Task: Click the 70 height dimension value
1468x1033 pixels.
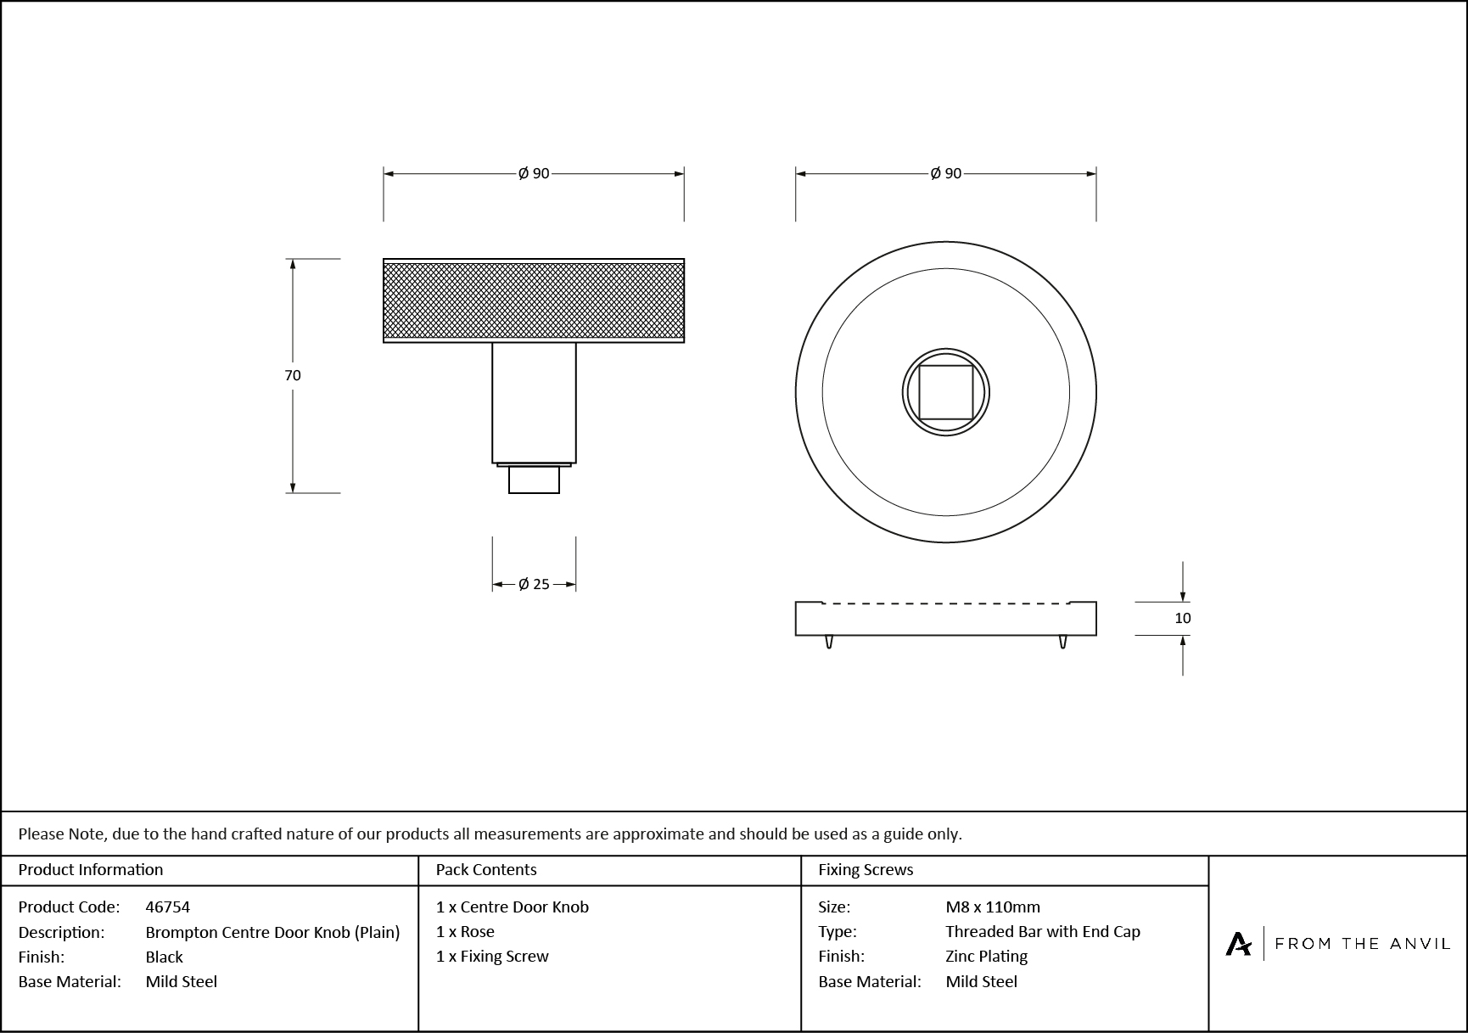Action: click(x=293, y=375)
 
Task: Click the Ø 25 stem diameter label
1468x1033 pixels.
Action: click(x=534, y=584)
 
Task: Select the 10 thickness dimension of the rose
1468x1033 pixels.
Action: click(x=1182, y=618)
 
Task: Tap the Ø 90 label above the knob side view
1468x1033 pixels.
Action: click(x=534, y=173)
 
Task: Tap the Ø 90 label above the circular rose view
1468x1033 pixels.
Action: click(x=945, y=173)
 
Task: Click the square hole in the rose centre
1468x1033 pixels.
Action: click(x=945, y=392)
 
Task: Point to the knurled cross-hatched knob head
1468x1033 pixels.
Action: click(x=534, y=300)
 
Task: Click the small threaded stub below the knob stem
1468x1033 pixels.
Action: click(x=534, y=480)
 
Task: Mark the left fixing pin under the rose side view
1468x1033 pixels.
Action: click(x=829, y=642)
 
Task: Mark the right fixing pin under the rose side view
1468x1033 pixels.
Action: click(x=1062, y=642)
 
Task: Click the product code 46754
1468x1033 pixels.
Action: click(x=168, y=907)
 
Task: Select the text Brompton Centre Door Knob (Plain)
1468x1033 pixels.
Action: click(x=272, y=932)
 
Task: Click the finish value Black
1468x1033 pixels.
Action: click(x=165, y=957)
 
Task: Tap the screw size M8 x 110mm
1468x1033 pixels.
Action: click(x=993, y=907)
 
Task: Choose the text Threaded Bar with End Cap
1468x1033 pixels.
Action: click(x=1043, y=931)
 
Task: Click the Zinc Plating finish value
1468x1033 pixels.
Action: click(x=986, y=956)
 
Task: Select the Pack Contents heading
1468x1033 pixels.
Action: click(x=486, y=869)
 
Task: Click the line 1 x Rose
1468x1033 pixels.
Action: click(x=465, y=931)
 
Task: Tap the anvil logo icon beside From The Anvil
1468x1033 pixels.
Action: click(x=1238, y=943)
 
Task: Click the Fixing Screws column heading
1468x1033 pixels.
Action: click(x=866, y=869)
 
